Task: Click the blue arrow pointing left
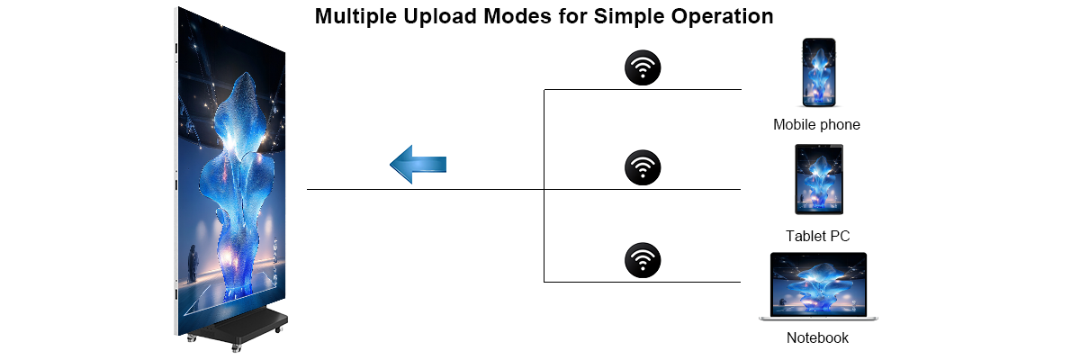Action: [418, 165]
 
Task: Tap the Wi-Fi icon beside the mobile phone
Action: [643, 67]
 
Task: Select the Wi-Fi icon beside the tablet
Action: [643, 167]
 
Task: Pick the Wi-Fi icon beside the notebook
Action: [643, 260]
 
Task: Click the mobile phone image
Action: [819, 72]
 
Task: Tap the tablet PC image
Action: [819, 179]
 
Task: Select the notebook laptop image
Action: [818, 286]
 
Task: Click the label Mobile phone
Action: [816, 125]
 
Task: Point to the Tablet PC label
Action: [818, 236]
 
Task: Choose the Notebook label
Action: [817, 337]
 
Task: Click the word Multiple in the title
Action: [356, 17]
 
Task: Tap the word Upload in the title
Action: [440, 17]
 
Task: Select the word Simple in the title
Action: [630, 17]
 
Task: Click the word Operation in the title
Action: [722, 17]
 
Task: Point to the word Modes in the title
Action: [517, 16]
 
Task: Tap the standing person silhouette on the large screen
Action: [193, 264]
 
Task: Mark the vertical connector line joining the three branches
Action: [544, 185]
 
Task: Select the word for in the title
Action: [572, 16]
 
